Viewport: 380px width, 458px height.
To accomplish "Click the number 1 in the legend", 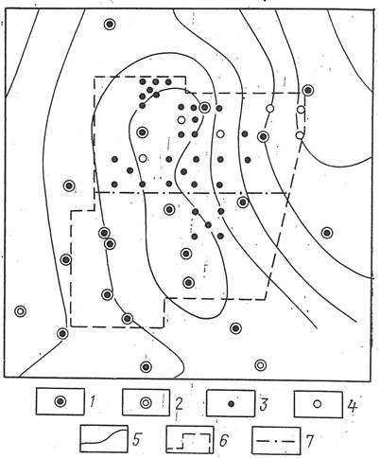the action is coord(92,402).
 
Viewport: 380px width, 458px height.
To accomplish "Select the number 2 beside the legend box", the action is coord(179,403).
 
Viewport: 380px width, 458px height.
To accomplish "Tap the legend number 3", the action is coord(264,404).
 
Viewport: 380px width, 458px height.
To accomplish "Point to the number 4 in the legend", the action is coord(352,406).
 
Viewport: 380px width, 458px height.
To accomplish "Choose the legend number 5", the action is coord(136,439).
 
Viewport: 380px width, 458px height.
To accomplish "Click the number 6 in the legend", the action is coord(223,441).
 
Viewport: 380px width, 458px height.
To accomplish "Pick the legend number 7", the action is coord(310,441).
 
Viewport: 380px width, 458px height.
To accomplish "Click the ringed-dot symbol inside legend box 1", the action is coord(60,401).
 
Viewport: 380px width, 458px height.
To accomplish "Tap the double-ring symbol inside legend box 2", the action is coord(146,402).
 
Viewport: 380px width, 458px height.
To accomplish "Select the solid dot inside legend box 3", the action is coord(232,404).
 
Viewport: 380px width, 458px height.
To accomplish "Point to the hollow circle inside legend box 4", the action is coord(318,404).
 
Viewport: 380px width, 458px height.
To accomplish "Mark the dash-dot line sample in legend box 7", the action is coord(276,441).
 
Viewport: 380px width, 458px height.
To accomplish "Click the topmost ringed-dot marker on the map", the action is coord(110,25).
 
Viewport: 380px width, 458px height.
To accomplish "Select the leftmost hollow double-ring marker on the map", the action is coord(20,311).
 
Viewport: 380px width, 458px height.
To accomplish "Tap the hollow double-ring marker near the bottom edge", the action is coord(260,365).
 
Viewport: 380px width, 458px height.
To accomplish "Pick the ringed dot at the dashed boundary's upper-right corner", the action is coord(307,90).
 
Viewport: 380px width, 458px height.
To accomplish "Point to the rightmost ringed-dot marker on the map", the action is coord(327,233).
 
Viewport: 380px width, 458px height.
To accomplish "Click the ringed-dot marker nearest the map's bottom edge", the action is coord(146,366).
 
